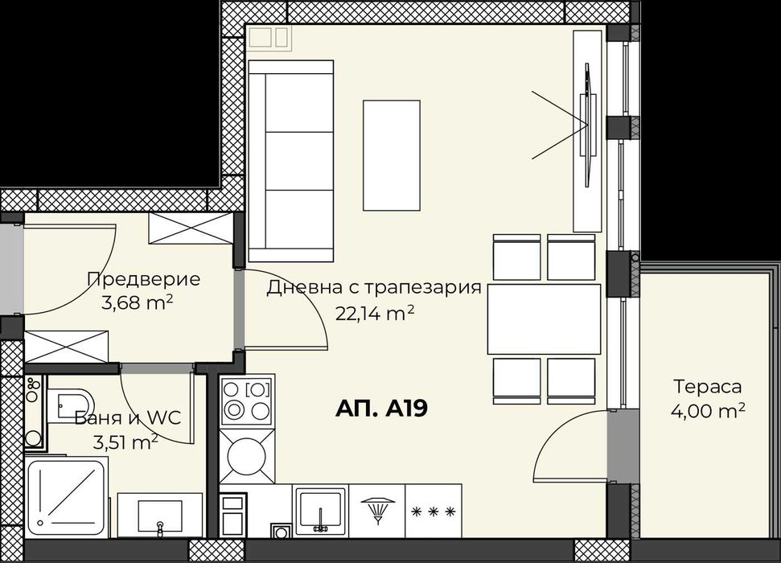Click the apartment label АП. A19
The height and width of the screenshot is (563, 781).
point(380,409)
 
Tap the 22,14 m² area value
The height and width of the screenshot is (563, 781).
point(375,314)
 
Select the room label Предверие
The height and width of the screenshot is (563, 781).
point(142,280)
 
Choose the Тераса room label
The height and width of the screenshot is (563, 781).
point(708,388)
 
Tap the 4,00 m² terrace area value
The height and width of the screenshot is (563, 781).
point(708,411)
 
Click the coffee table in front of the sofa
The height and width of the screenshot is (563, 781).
point(392,154)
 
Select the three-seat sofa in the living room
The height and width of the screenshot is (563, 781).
point(291,161)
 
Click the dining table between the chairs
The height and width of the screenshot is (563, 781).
point(544,319)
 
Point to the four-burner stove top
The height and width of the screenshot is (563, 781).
point(247,400)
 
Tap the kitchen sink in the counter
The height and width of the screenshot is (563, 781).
point(320,509)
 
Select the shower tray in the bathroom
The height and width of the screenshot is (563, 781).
point(67,497)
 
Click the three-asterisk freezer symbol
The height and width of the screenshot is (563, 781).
point(434,511)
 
